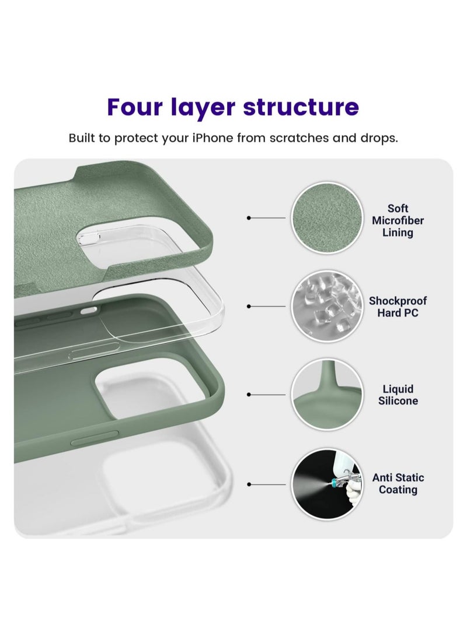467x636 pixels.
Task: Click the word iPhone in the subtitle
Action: [213, 138]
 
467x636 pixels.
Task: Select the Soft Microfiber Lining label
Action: [398, 220]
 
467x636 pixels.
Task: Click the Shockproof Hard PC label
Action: [398, 307]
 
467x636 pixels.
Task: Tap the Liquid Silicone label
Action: [398, 395]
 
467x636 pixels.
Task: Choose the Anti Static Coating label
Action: [398, 483]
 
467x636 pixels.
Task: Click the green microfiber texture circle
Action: [327, 218]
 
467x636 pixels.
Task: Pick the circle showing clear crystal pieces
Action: [327, 306]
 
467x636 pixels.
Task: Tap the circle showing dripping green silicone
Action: [327, 394]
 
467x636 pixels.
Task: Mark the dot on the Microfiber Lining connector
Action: [249, 218]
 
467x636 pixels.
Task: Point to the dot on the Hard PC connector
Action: [249, 306]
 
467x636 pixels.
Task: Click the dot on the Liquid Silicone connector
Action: [249, 394]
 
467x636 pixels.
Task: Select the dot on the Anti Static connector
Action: [249, 484]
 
